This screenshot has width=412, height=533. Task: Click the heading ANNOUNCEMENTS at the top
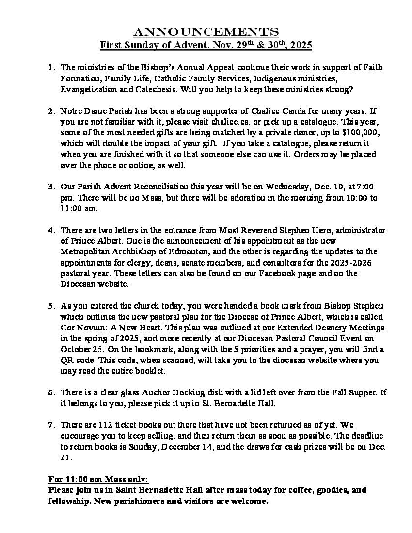[206, 32]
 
